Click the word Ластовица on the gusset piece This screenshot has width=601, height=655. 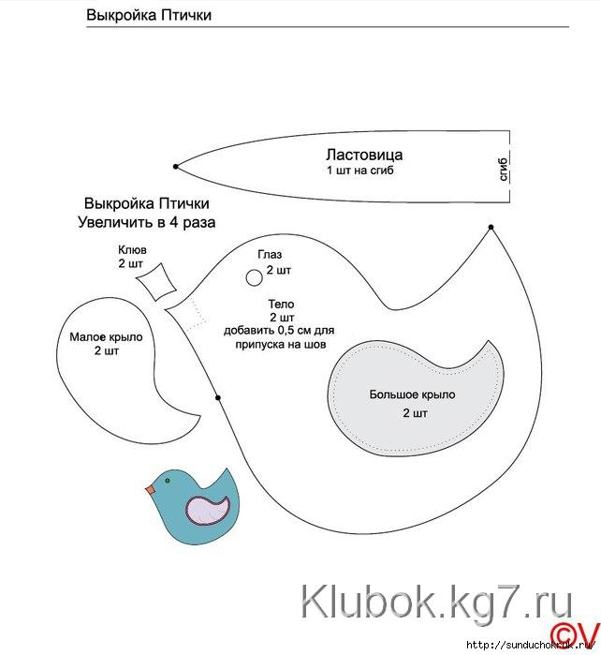point(364,155)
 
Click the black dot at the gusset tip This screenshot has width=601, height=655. point(176,167)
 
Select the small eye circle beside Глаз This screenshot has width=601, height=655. point(253,277)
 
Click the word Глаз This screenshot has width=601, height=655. point(270,255)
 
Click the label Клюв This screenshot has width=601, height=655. point(132,250)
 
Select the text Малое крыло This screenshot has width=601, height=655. point(106,337)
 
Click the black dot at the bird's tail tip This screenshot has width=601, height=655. point(491,227)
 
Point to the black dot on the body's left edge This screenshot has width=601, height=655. point(217,398)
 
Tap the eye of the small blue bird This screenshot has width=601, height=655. point(167,481)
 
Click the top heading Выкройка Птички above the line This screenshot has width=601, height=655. point(148,15)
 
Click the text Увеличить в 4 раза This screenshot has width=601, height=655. point(146,222)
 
